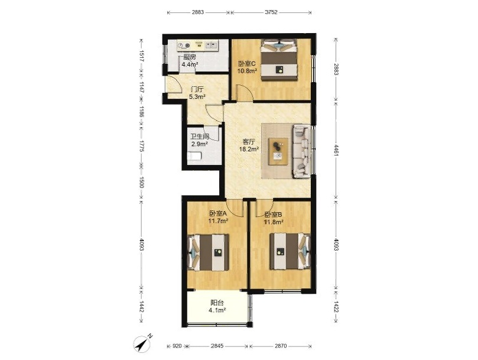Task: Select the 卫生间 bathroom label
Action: pos(199,137)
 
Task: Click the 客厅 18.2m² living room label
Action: pos(249,145)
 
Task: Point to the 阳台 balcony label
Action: pos(217,303)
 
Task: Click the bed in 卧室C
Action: pos(279,60)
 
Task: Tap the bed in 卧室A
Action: pos(208,252)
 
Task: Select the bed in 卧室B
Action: pos(290,251)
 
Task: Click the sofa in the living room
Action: pos(302,151)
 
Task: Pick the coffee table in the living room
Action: pos(278,151)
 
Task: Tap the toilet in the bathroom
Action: pos(194,156)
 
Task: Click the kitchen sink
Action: pos(211,46)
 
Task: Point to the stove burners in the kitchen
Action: pos(184,46)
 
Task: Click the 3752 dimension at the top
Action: pos(271,12)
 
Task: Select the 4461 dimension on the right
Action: pos(336,151)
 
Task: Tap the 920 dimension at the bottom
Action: pos(177,346)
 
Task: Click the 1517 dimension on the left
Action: pos(141,56)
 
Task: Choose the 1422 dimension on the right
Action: pos(336,307)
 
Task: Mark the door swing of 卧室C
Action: pos(245,92)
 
